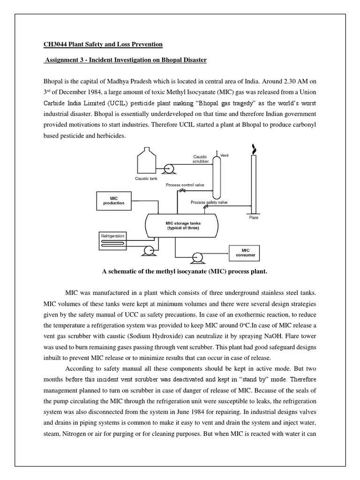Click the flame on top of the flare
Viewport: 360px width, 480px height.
tap(254, 149)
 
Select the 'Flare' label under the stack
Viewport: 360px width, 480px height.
tap(254, 217)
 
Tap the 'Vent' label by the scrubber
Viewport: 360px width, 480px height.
tap(225, 155)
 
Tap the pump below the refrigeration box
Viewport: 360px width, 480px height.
tap(149, 251)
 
